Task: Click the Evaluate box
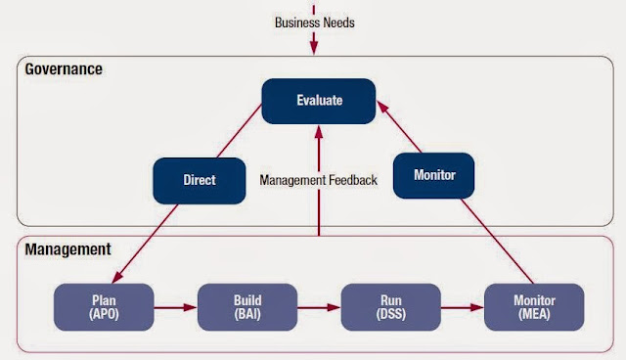pyautogui.click(x=319, y=101)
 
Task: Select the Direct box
pyautogui.click(x=199, y=181)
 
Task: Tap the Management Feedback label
pyautogui.click(x=318, y=181)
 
